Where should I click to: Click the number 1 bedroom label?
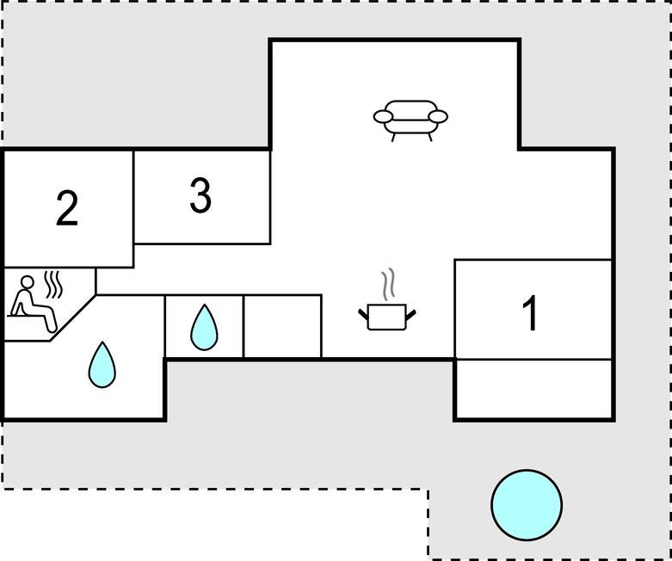point(530,313)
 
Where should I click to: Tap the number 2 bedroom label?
point(67,208)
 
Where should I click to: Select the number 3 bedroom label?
point(200,195)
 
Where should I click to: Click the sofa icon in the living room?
point(410,120)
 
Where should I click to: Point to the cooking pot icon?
point(387,317)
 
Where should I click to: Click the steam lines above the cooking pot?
point(388,284)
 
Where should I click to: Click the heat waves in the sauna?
point(53,284)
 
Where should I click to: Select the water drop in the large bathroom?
point(102,365)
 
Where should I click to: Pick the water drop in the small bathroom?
point(204,328)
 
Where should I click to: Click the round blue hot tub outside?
point(527,505)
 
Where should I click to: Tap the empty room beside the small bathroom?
point(282,326)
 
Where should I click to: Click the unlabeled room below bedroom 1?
point(533,388)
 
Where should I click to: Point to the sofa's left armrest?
point(383,116)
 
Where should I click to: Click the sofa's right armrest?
point(438,116)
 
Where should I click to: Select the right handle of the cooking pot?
point(410,315)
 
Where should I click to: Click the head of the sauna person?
point(28,281)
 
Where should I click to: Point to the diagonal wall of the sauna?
point(73,318)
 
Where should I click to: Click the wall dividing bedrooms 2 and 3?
point(133,209)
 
